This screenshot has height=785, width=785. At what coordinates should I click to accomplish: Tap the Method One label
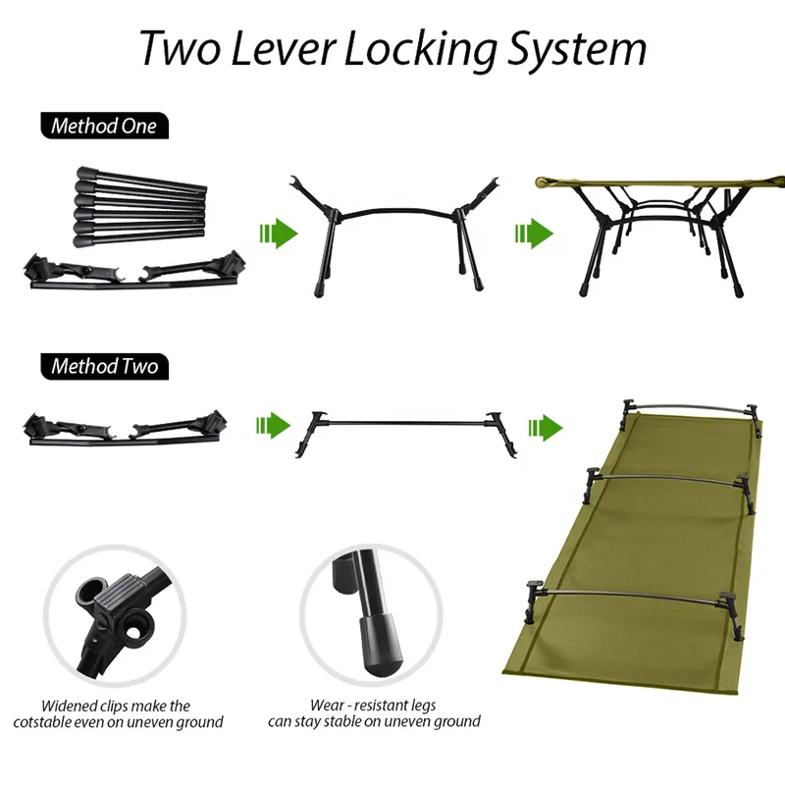pyautogui.click(x=103, y=126)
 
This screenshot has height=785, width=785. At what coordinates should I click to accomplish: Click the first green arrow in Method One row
pyautogui.click(x=278, y=235)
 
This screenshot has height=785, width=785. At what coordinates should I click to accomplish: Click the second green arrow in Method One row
pyautogui.click(x=534, y=235)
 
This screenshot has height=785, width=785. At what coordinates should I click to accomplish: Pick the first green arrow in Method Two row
pyautogui.click(x=274, y=426)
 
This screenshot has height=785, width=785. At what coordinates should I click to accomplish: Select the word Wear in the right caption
pyautogui.click(x=327, y=706)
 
